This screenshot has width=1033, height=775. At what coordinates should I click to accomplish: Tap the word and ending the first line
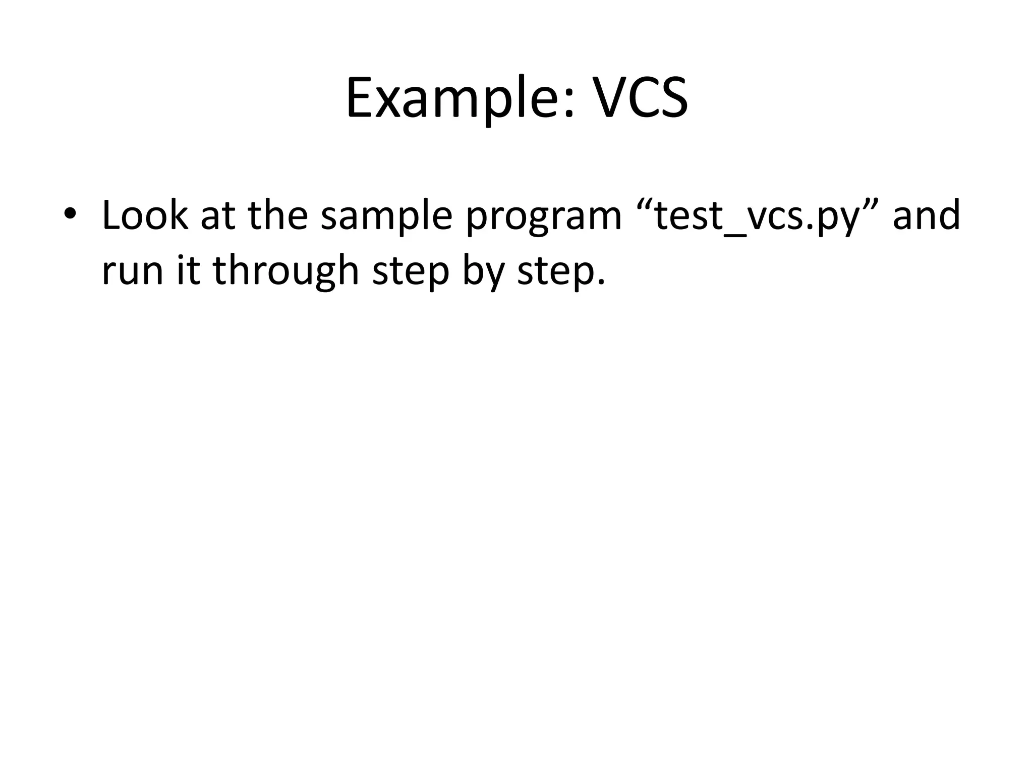point(926,215)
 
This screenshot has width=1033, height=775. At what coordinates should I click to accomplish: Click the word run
point(133,271)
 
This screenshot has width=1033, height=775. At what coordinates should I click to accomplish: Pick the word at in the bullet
point(218,216)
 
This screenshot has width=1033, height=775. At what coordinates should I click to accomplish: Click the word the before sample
point(278,215)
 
